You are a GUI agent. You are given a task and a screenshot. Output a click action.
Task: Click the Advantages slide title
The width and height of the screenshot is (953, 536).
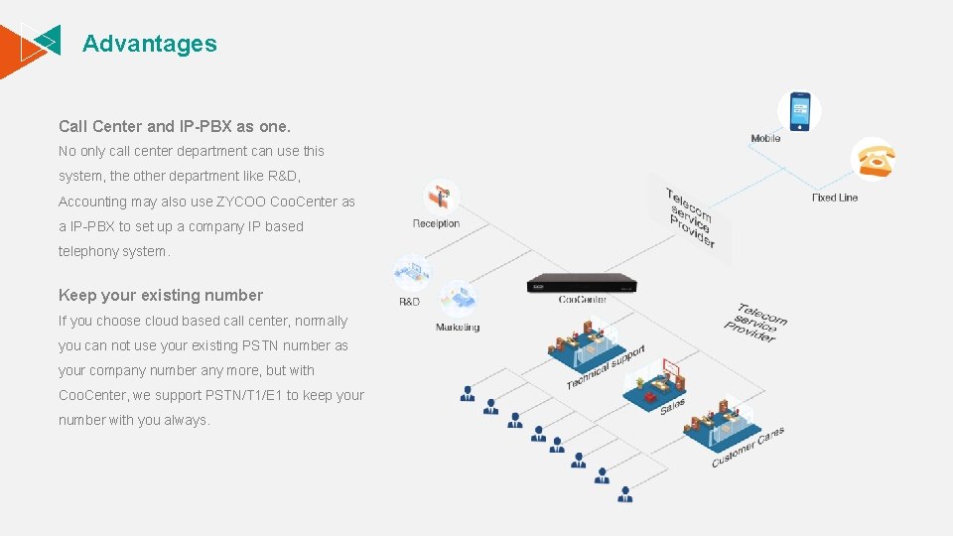pos(149,44)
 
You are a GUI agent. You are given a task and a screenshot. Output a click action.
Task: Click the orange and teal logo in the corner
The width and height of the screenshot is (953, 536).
pos(32,44)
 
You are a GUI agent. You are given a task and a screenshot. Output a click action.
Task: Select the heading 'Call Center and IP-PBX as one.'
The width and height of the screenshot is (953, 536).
pos(175,126)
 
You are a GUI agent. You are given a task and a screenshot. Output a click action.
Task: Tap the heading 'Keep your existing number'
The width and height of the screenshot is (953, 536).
pos(161,295)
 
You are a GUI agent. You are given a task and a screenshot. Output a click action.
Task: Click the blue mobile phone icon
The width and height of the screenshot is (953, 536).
pos(799,111)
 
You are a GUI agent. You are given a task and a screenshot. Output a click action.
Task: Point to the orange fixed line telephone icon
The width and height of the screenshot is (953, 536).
pos(874,159)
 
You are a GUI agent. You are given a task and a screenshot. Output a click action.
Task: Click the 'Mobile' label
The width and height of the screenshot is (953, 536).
pos(765,139)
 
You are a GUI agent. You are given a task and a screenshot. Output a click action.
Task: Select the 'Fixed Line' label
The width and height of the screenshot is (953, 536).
pos(835,198)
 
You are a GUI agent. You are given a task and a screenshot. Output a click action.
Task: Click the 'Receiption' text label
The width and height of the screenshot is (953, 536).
pos(436,223)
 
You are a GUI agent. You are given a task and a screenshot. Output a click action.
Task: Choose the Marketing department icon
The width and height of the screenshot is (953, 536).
pos(458,298)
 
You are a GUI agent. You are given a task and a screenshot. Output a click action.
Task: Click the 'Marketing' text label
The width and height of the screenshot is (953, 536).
pos(458,328)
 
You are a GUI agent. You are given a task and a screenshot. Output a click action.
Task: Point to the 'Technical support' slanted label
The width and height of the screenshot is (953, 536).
pos(606,367)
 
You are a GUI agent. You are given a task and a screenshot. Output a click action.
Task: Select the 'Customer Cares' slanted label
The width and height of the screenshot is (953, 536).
pos(748,448)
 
